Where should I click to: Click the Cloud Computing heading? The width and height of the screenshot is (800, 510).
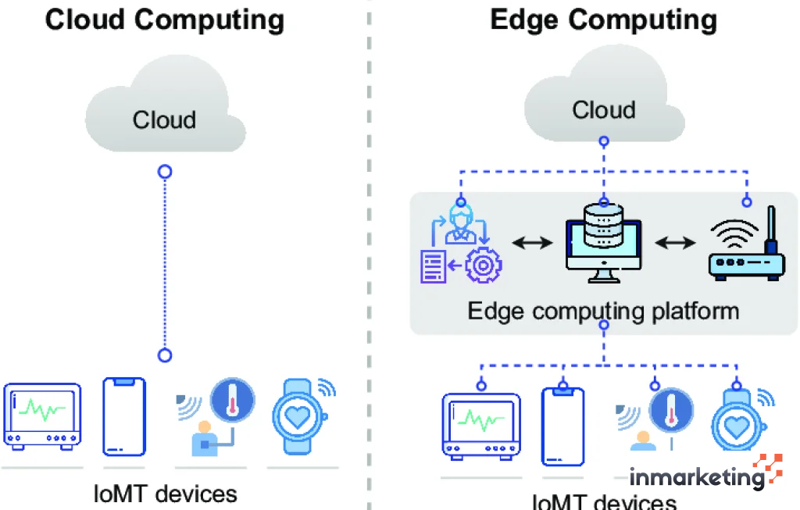[x=164, y=20]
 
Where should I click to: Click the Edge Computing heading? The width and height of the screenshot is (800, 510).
[x=603, y=20]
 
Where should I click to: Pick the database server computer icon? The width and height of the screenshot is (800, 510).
[x=603, y=242]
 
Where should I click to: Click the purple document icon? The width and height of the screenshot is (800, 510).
[x=434, y=266]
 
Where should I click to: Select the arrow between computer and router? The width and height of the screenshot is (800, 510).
[x=674, y=244]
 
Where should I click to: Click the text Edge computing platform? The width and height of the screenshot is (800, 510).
[x=603, y=311]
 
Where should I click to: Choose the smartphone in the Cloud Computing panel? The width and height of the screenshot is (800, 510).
[x=124, y=416]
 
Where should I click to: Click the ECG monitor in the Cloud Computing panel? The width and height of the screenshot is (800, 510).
[x=42, y=416]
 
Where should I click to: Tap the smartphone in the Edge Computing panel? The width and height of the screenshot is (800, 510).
[x=563, y=426]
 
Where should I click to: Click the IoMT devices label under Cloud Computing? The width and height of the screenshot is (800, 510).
[x=164, y=494]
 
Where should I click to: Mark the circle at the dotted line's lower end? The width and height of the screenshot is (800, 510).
[x=164, y=355]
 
